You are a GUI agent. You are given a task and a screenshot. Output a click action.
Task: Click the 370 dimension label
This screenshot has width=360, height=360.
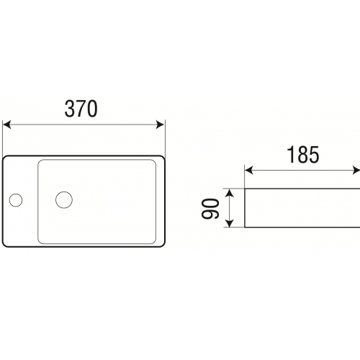(x=81, y=109)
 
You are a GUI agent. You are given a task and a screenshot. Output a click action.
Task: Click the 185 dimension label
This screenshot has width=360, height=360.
(x=303, y=155)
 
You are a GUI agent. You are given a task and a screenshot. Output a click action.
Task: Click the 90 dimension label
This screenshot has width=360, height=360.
(x=210, y=209)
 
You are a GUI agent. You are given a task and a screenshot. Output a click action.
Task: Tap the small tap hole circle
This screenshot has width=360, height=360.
(x=16, y=200)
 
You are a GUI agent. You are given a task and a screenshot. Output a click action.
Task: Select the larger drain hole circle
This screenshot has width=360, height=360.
(x=64, y=199)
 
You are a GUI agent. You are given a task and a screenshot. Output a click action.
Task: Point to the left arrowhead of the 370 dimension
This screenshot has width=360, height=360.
(x=6, y=125)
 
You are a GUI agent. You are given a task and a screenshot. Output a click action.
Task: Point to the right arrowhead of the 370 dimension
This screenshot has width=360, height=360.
(x=160, y=125)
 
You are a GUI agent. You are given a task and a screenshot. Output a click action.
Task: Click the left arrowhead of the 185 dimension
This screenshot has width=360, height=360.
(x=249, y=171)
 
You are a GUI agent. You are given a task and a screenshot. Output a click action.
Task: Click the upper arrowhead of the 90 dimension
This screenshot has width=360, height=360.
(x=230, y=193)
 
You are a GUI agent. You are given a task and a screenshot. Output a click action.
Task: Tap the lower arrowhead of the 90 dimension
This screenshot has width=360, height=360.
(x=230, y=222)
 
